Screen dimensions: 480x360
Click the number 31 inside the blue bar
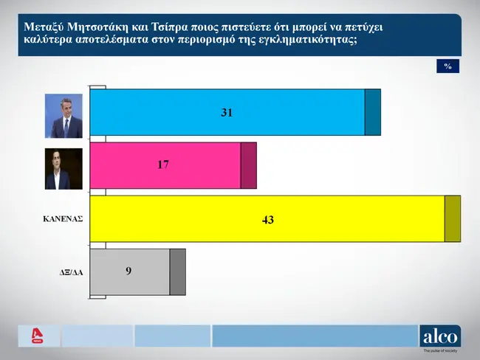pos(227,113)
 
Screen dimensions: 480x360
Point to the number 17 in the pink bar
pos(163,165)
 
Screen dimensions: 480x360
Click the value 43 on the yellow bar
pos(268,220)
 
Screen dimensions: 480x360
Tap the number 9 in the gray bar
pos(128,271)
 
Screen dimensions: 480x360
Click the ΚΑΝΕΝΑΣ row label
pos(63,219)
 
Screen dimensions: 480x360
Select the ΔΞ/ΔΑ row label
pos(71,272)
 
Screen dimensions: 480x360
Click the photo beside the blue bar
pos(64,116)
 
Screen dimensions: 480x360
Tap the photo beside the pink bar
pos(64,169)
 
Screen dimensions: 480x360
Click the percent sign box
pos(448,66)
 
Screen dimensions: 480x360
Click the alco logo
pos(440,336)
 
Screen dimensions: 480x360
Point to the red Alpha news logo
pos(38,336)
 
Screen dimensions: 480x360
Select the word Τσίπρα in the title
pos(168,27)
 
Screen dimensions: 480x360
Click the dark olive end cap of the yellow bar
pos(453,218)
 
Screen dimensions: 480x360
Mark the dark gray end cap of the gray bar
pos(178,272)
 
